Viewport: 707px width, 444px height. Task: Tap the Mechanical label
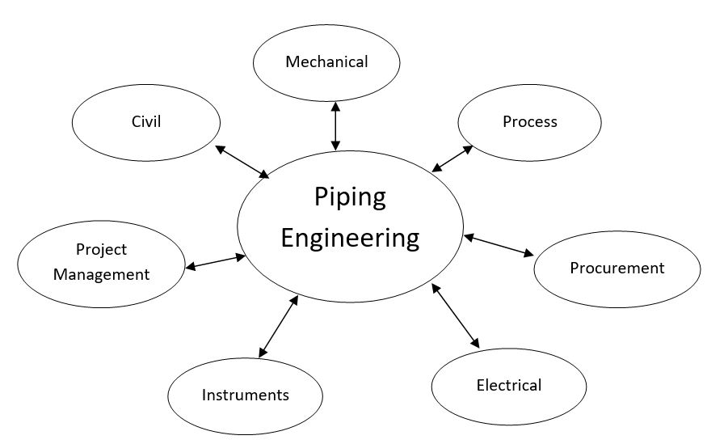click(326, 61)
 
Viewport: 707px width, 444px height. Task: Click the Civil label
click(146, 121)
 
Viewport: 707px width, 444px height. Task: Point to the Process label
click(530, 121)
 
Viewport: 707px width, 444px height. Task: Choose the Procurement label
click(617, 268)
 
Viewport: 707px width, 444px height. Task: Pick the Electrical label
click(508, 385)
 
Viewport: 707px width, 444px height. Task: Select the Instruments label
click(245, 395)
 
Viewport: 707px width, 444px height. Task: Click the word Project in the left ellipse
click(101, 249)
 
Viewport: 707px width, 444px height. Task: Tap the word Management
click(101, 274)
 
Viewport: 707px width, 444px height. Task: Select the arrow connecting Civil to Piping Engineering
click(242, 162)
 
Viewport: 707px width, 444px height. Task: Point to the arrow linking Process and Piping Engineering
click(452, 159)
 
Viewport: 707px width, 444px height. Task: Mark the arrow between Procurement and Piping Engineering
click(499, 246)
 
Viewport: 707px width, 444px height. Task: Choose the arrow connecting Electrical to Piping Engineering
click(456, 315)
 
